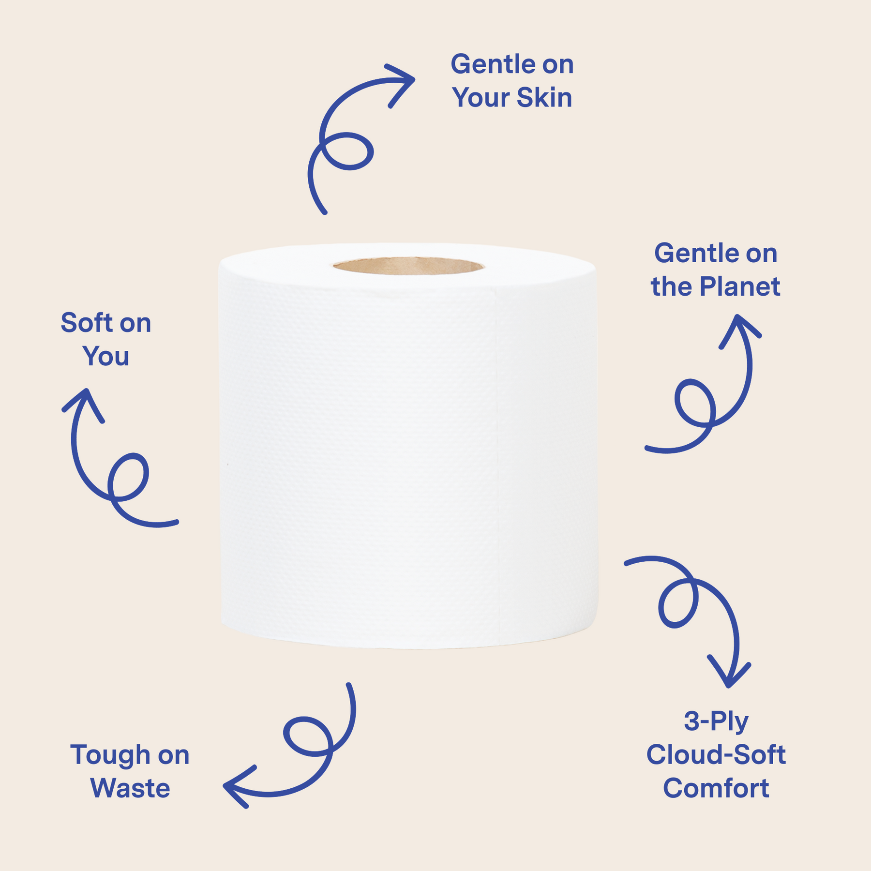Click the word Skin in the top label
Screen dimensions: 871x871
(x=544, y=97)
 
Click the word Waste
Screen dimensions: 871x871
(x=130, y=788)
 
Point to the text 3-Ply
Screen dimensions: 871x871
(x=716, y=721)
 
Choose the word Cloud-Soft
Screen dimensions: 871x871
(x=716, y=754)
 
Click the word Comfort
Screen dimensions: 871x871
(x=716, y=788)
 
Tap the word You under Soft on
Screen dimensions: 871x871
(x=106, y=356)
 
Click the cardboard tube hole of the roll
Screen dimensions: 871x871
(x=408, y=266)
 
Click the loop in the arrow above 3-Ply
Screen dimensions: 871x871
(x=678, y=603)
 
